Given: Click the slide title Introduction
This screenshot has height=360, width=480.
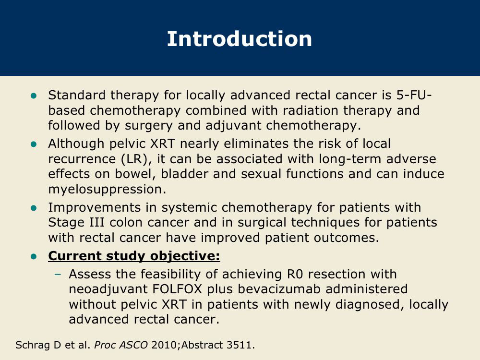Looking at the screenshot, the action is pos(240,39).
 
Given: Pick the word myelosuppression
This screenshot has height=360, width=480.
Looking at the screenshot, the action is pos(107,189).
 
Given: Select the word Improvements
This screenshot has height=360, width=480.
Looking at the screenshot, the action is pos(94,207).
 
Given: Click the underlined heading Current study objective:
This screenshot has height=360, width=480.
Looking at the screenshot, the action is pos(134,256).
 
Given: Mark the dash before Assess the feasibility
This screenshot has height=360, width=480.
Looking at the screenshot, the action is pos(58,274).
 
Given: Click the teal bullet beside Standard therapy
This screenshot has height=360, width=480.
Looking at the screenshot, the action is pos(34,96).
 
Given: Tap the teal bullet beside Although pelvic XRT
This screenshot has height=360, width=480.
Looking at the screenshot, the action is pos(34,144).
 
